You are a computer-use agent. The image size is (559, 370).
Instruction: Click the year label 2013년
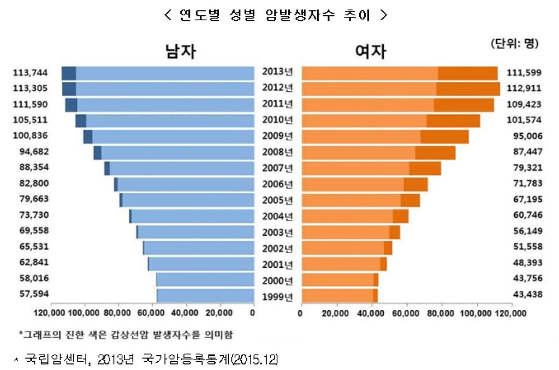[278, 73]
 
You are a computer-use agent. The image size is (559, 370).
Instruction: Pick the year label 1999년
[278, 297]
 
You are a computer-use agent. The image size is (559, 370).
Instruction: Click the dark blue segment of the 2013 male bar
[68, 73]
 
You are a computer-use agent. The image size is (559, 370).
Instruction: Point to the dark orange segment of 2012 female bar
[468, 88]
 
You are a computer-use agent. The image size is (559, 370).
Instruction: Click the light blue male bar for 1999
[205, 295]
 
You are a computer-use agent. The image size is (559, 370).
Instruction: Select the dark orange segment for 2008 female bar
[435, 152]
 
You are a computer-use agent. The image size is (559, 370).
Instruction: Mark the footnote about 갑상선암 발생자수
[129, 333]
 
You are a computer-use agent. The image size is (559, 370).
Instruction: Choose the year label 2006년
[278, 184]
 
